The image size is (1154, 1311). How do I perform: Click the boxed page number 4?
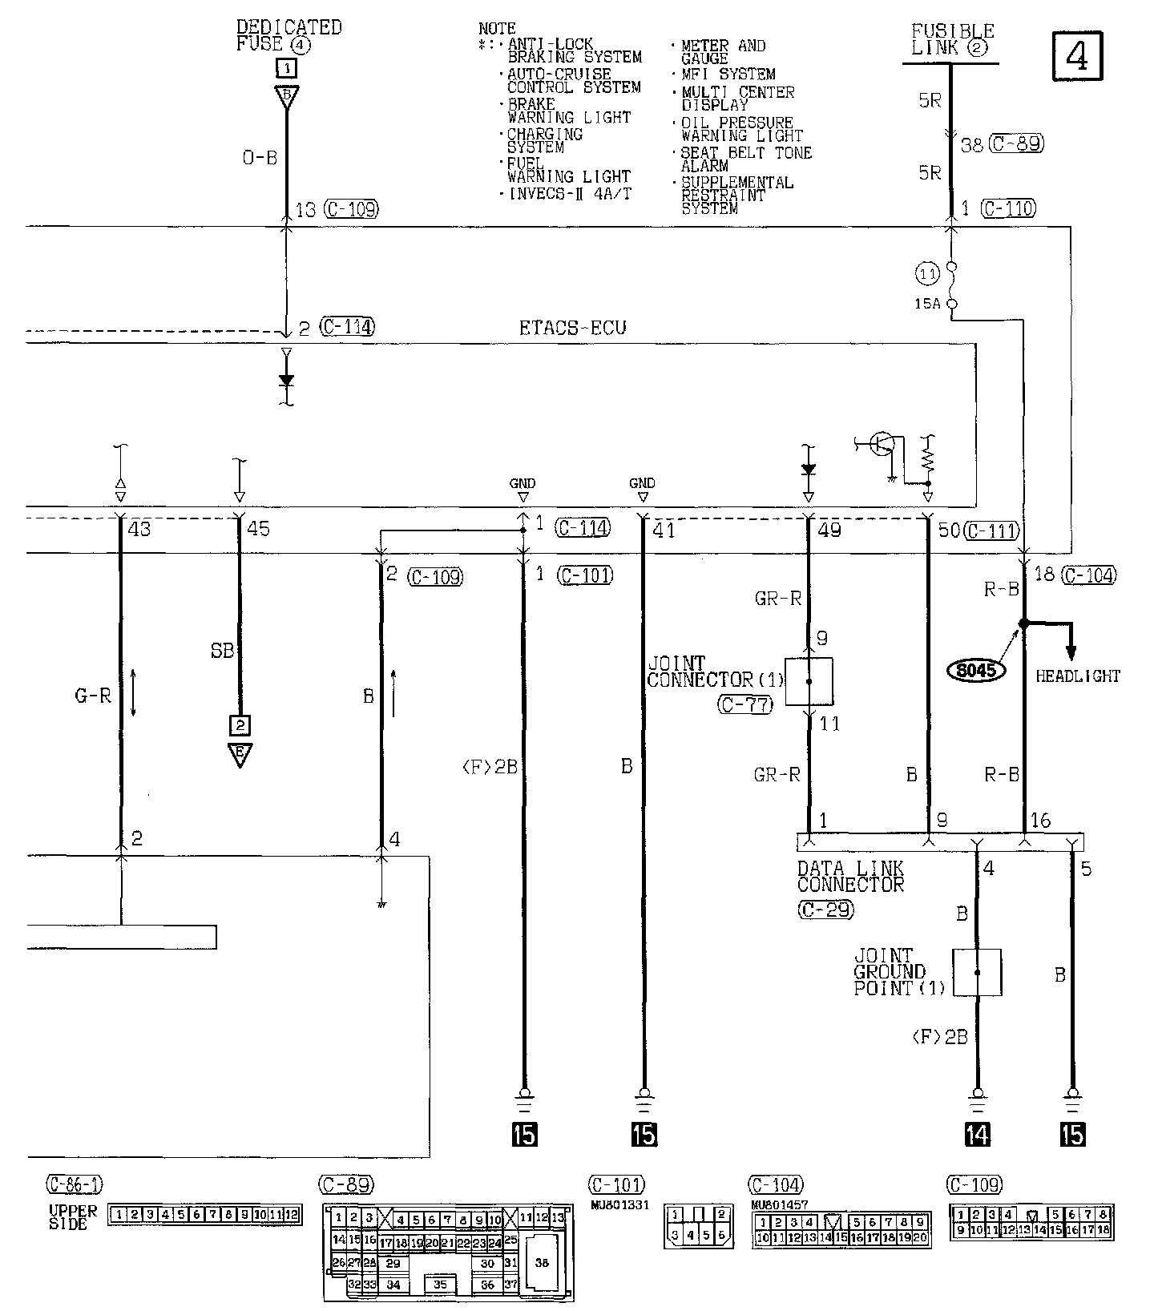tap(1076, 57)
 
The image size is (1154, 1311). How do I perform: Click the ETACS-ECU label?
tap(571, 328)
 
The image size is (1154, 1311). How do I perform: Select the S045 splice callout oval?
tap(975, 668)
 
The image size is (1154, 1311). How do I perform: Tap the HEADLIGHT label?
tap(1077, 676)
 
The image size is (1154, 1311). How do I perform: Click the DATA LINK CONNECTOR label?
tap(850, 877)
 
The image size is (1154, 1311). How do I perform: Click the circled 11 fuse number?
tap(927, 274)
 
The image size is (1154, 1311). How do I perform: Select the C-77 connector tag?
tap(745, 704)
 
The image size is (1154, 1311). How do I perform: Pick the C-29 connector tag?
tap(825, 910)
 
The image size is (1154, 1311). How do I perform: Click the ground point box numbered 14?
tap(978, 1134)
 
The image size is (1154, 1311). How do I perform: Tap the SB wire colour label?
tap(222, 651)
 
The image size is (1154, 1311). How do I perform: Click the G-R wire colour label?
tap(93, 696)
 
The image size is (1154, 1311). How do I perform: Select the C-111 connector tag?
tap(991, 530)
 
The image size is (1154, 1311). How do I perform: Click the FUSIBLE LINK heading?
tap(952, 39)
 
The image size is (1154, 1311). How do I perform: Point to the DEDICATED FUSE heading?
tap(288, 36)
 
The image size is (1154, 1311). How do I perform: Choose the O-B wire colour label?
tap(260, 158)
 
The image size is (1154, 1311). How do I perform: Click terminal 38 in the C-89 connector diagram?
tap(542, 1262)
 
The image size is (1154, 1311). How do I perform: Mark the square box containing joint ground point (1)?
tap(977, 972)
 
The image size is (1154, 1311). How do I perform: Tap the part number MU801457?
tap(779, 1204)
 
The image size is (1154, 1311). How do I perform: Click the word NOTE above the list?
tap(497, 29)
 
